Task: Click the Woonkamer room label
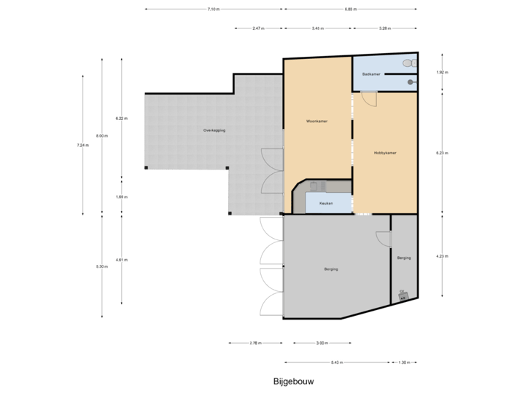[x=317, y=122]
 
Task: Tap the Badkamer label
[x=371, y=74]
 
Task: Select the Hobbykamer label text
[x=385, y=153]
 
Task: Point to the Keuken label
[x=326, y=203]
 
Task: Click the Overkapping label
[x=214, y=130]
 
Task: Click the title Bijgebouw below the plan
[x=294, y=381]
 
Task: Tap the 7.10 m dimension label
[x=213, y=9]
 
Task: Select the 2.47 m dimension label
[x=258, y=28]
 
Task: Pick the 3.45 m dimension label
[x=317, y=28]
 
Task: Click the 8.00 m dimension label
[x=102, y=135]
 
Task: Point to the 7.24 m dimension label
[x=82, y=145]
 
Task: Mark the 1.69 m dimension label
[x=120, y=197]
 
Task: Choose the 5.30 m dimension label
[x=102, y=266]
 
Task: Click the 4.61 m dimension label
[x=120, y=259]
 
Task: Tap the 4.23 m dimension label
[x=442, y=256]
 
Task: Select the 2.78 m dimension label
[x=255, y=343]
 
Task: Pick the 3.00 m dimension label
[x=321, y=343]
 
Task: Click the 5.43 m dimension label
[x=336, y=362]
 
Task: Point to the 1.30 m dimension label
[x=405, y=362]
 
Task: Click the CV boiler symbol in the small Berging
[x=402, y=295]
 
